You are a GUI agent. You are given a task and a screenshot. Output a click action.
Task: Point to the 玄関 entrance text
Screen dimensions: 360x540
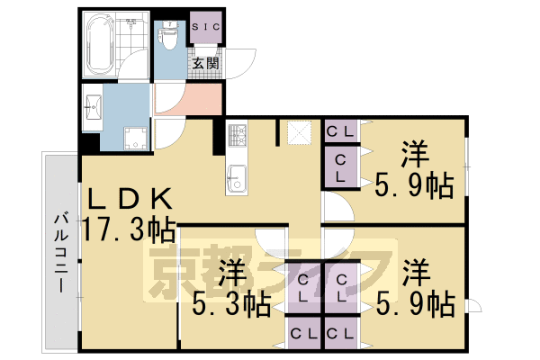(205, 63)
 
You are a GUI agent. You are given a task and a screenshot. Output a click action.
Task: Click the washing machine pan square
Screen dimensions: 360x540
(136, 137)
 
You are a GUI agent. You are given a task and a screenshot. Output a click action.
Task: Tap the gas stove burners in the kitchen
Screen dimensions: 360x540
(238, 137)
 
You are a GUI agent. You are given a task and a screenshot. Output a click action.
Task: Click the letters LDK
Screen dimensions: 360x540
(129, 199)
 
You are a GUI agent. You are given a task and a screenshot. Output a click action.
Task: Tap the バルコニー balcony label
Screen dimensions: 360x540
(60, 250)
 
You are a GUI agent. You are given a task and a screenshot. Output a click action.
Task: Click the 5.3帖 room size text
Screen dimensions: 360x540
(231, 304)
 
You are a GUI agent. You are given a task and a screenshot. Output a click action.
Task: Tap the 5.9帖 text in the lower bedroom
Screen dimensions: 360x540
(415, 304)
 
